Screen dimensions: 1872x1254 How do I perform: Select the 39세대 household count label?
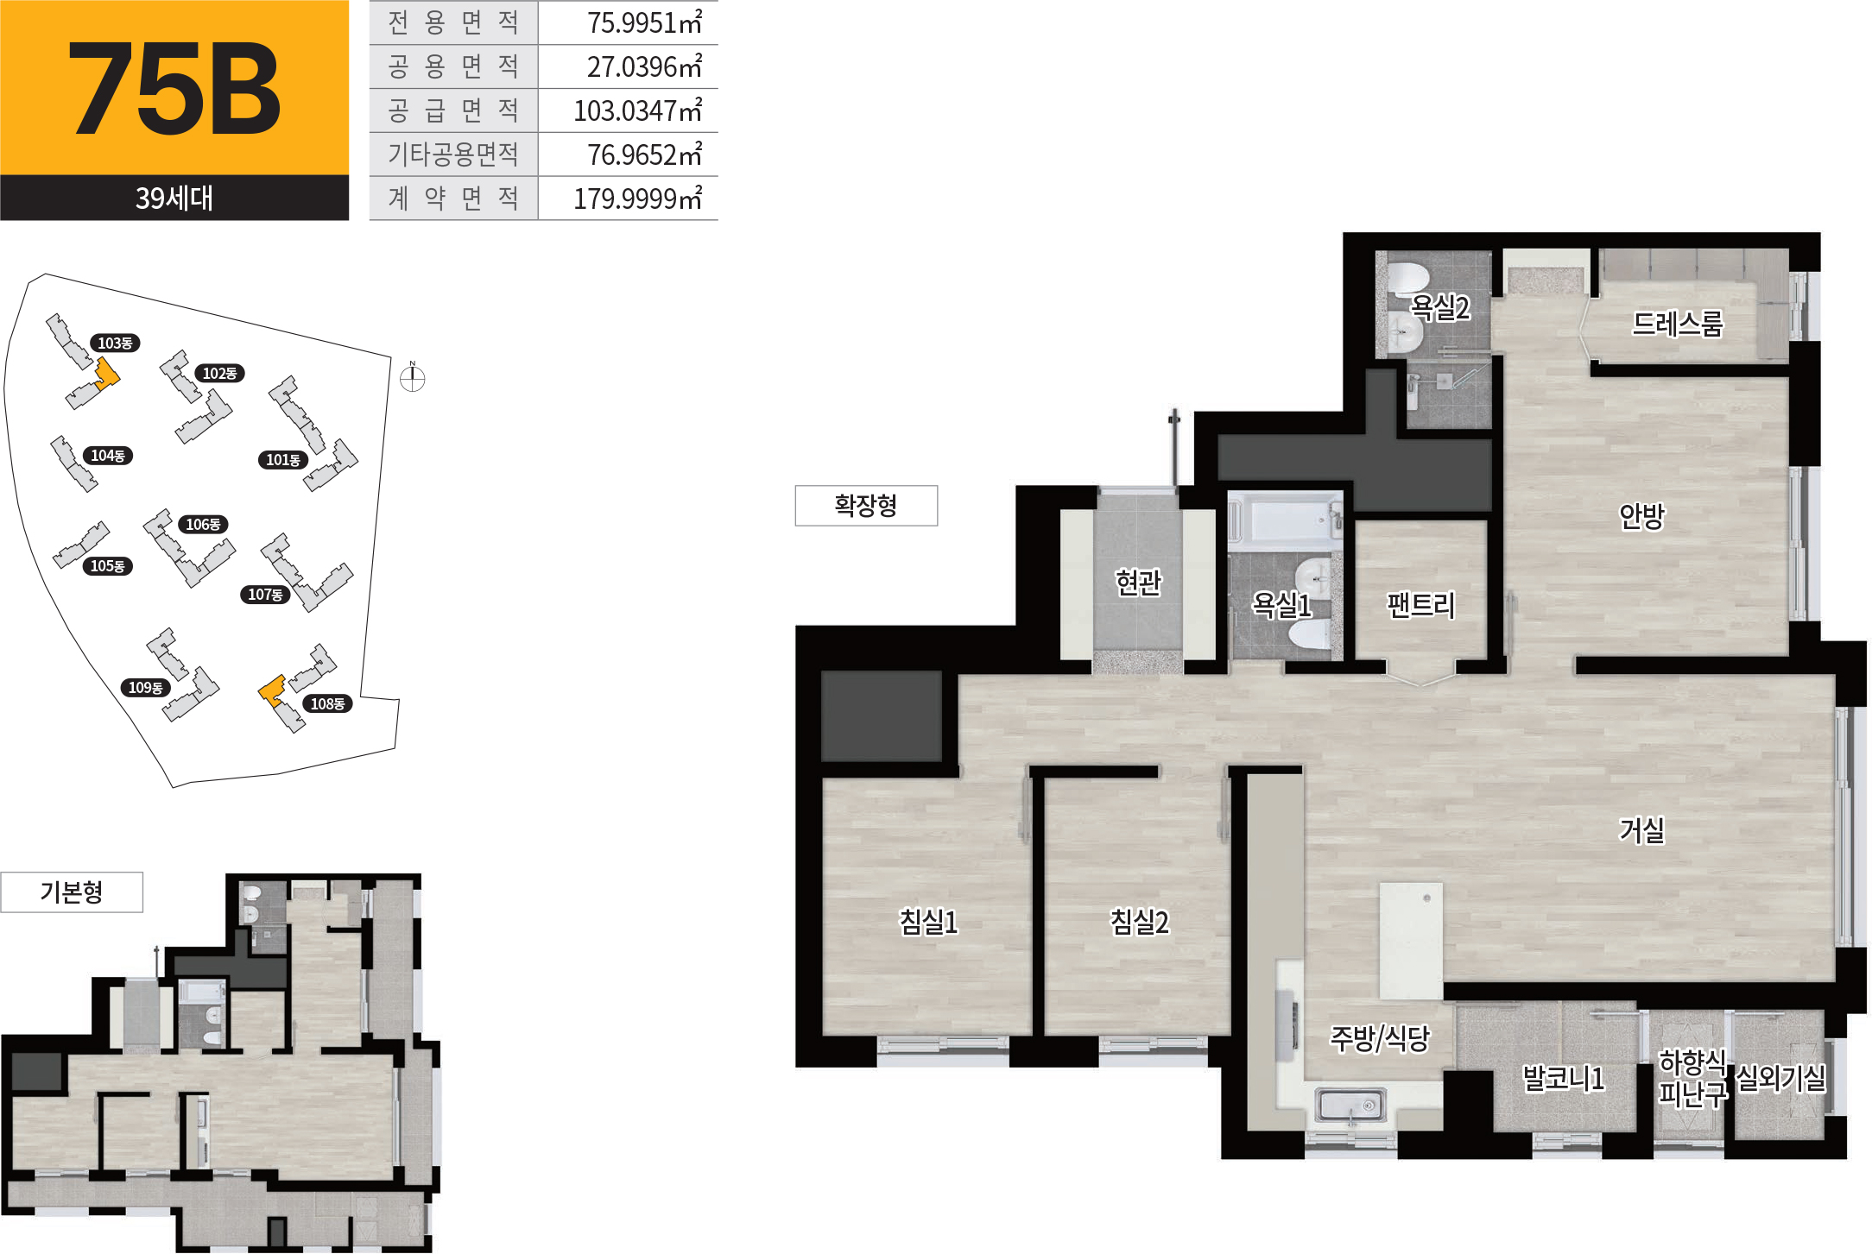(174, 198)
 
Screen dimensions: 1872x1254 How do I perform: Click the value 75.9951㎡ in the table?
(644, 22)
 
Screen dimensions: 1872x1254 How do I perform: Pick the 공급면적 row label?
(453, 110)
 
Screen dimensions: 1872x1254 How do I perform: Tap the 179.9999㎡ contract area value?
(638, 198)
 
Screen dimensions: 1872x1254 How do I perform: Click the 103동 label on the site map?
(115, 343)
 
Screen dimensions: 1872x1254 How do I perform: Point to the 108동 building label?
(327, 704)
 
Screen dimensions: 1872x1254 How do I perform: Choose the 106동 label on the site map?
(203, 525)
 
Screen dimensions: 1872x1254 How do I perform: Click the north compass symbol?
(413, 377)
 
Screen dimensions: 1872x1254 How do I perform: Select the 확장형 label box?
(866, 506)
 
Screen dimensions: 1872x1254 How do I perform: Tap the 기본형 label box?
(72, 892)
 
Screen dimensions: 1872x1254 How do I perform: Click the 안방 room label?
(1641, 516)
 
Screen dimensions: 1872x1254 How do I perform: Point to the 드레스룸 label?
(1678, 324)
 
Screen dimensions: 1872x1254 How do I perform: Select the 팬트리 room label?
(1421, 604)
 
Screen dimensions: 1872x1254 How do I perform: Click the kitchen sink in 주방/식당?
(1350, 1106)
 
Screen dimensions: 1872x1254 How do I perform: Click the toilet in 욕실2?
(1406, 278)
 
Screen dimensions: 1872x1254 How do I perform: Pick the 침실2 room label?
(1140, 922)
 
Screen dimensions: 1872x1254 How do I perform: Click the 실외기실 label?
(1781, 1077)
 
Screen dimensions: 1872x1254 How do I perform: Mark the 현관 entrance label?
(1138, 583)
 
